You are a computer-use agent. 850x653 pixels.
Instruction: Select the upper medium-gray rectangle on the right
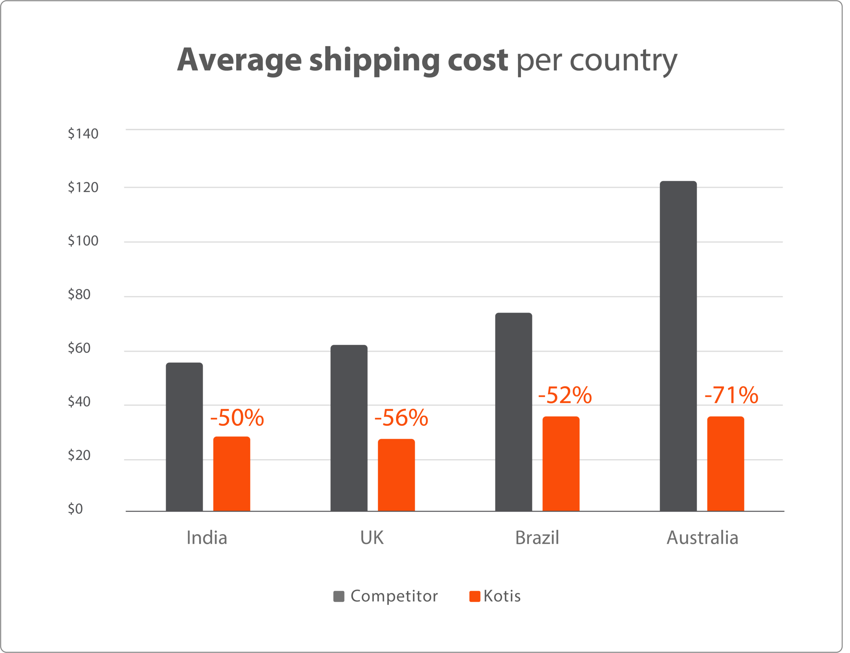[x=768, y=215]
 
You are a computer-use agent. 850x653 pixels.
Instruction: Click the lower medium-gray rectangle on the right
[x=768, y=324]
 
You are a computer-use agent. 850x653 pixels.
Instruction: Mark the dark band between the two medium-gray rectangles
[x=768, y=269]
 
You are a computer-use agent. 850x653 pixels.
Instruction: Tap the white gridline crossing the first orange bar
[x=290, y=460]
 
